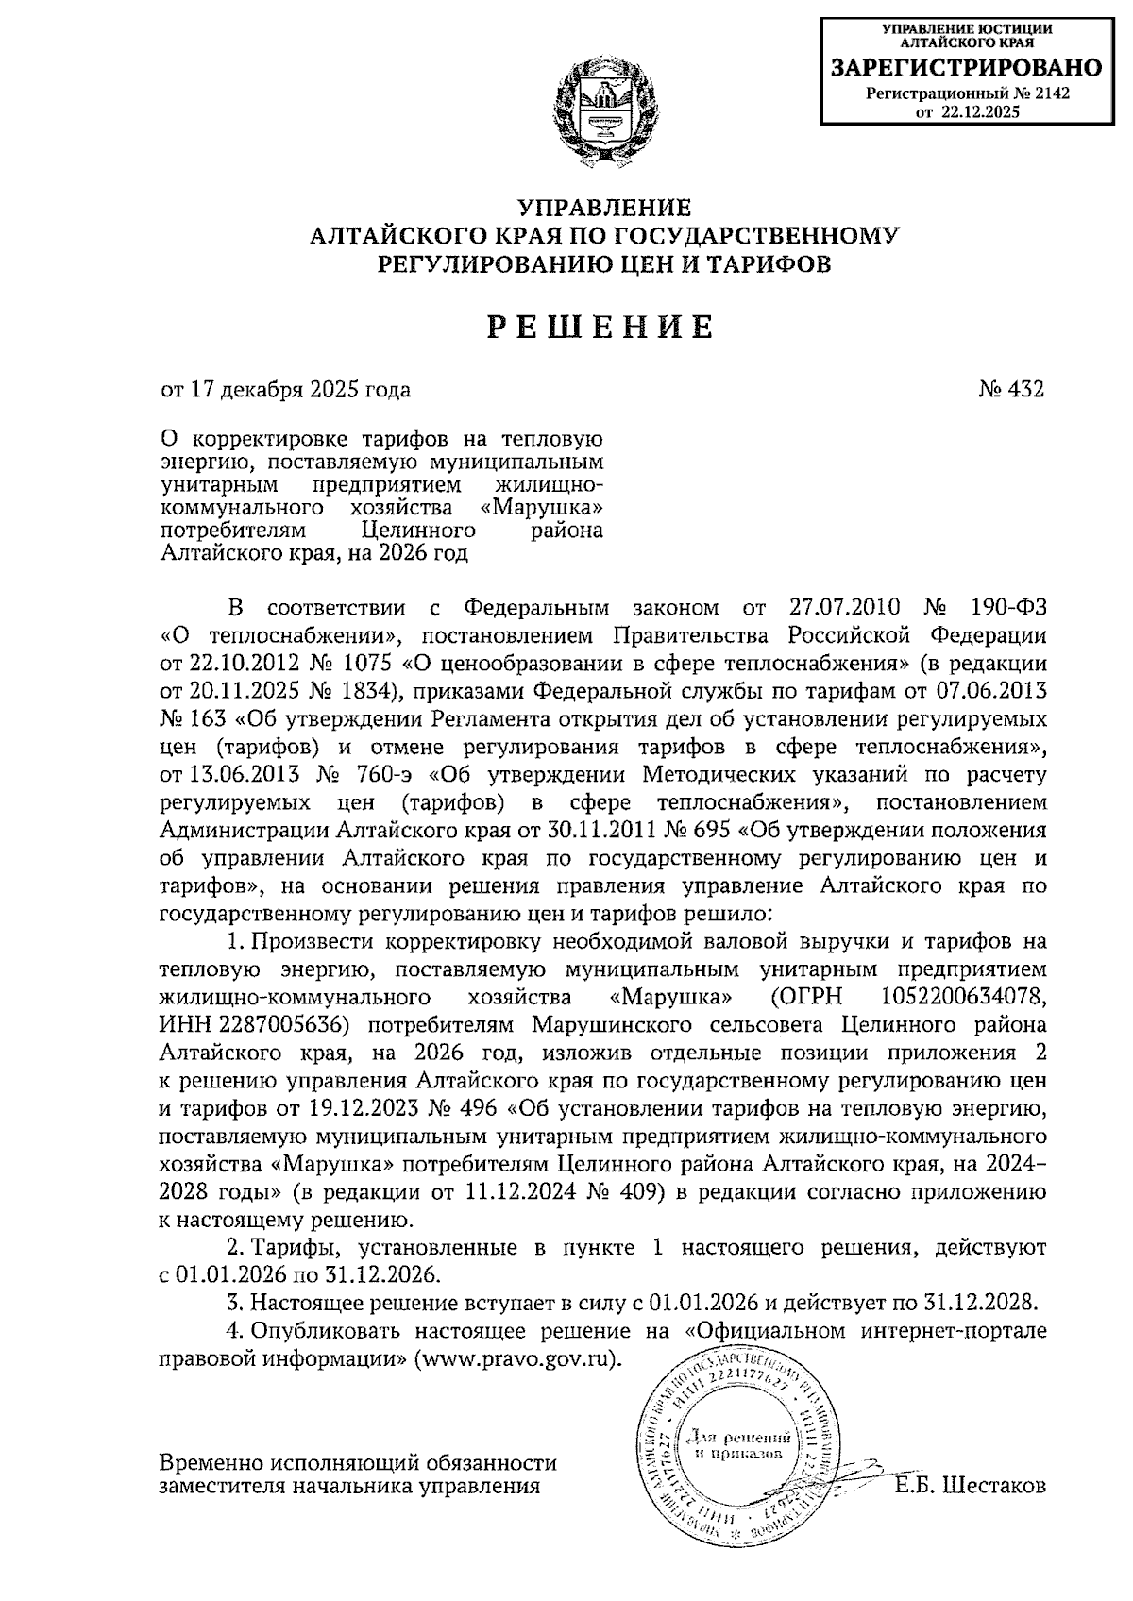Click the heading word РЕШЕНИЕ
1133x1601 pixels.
pyautogui.click(x=600, y=326)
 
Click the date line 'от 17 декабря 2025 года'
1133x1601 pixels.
pyautogui.click(x=286, y=389)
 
